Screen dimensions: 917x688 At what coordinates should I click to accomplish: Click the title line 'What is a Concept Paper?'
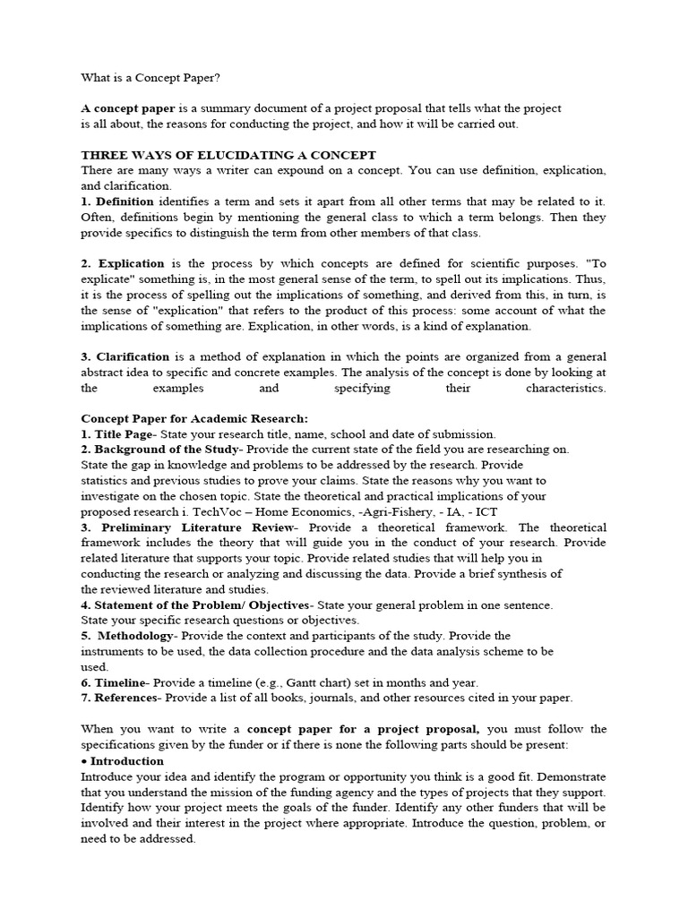150,78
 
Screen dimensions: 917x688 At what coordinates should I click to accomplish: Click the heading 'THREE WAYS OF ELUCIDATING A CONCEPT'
228,155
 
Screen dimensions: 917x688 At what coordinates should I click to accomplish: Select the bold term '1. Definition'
117,201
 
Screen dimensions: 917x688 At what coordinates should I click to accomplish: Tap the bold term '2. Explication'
123,263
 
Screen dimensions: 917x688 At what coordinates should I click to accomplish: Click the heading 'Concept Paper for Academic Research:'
194,418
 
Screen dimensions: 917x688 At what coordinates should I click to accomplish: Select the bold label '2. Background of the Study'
160,450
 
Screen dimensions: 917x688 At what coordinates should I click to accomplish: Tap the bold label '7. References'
119,698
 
